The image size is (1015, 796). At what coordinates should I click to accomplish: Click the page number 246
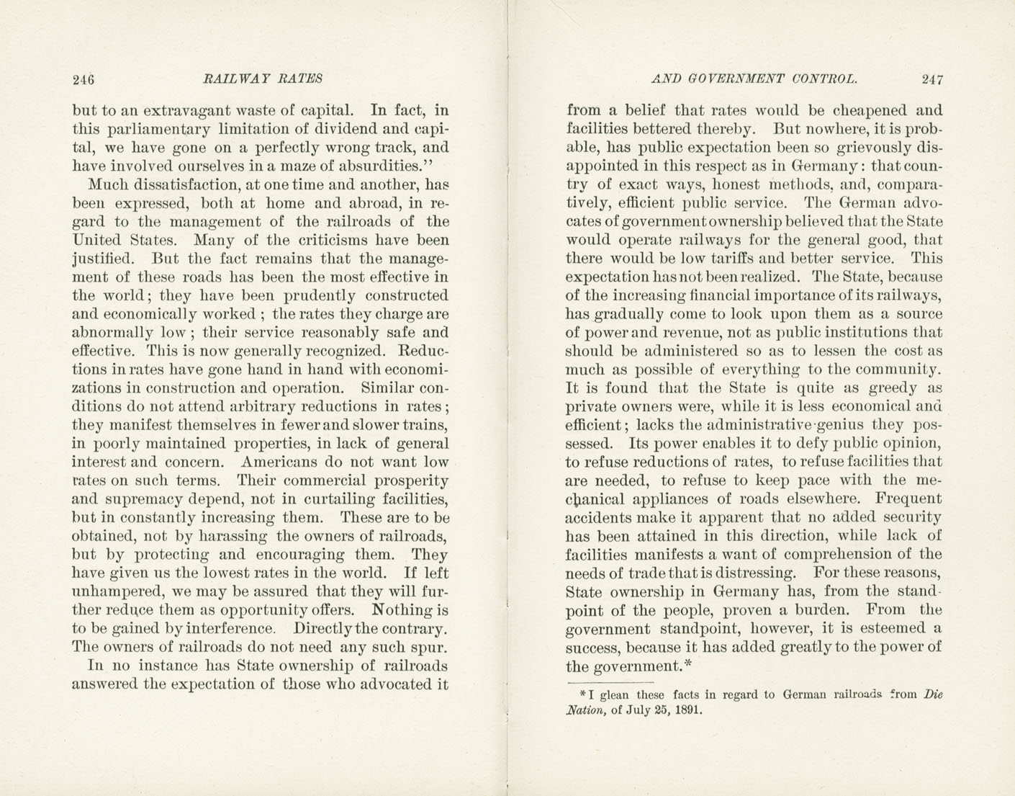84,79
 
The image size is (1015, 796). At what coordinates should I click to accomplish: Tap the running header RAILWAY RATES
263,79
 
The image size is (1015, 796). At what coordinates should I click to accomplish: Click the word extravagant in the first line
186,111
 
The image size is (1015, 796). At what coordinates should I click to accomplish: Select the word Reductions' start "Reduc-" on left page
423,352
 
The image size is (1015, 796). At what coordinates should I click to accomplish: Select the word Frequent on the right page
908,498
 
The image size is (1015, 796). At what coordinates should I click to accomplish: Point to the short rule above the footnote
610,681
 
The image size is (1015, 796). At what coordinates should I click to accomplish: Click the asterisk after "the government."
687,663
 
